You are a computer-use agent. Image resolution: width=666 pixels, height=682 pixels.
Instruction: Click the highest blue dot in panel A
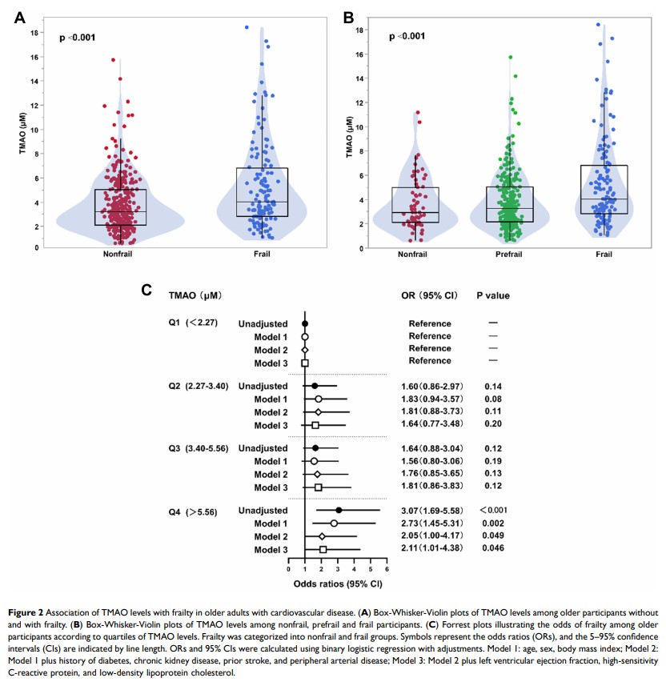(x=247, y=27)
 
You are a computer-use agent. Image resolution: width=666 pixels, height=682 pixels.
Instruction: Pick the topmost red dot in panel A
(x=113, y=60)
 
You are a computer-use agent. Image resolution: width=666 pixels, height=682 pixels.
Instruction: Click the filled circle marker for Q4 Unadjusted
(x=339, y=510)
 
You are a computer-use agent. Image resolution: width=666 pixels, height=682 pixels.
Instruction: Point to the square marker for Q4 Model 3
(x=323, y=549)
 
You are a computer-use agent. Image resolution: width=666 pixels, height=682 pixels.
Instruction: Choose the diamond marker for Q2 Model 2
(x=318, y=411)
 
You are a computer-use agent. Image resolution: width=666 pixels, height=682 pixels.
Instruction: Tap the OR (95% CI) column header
(x=429, y=295)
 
